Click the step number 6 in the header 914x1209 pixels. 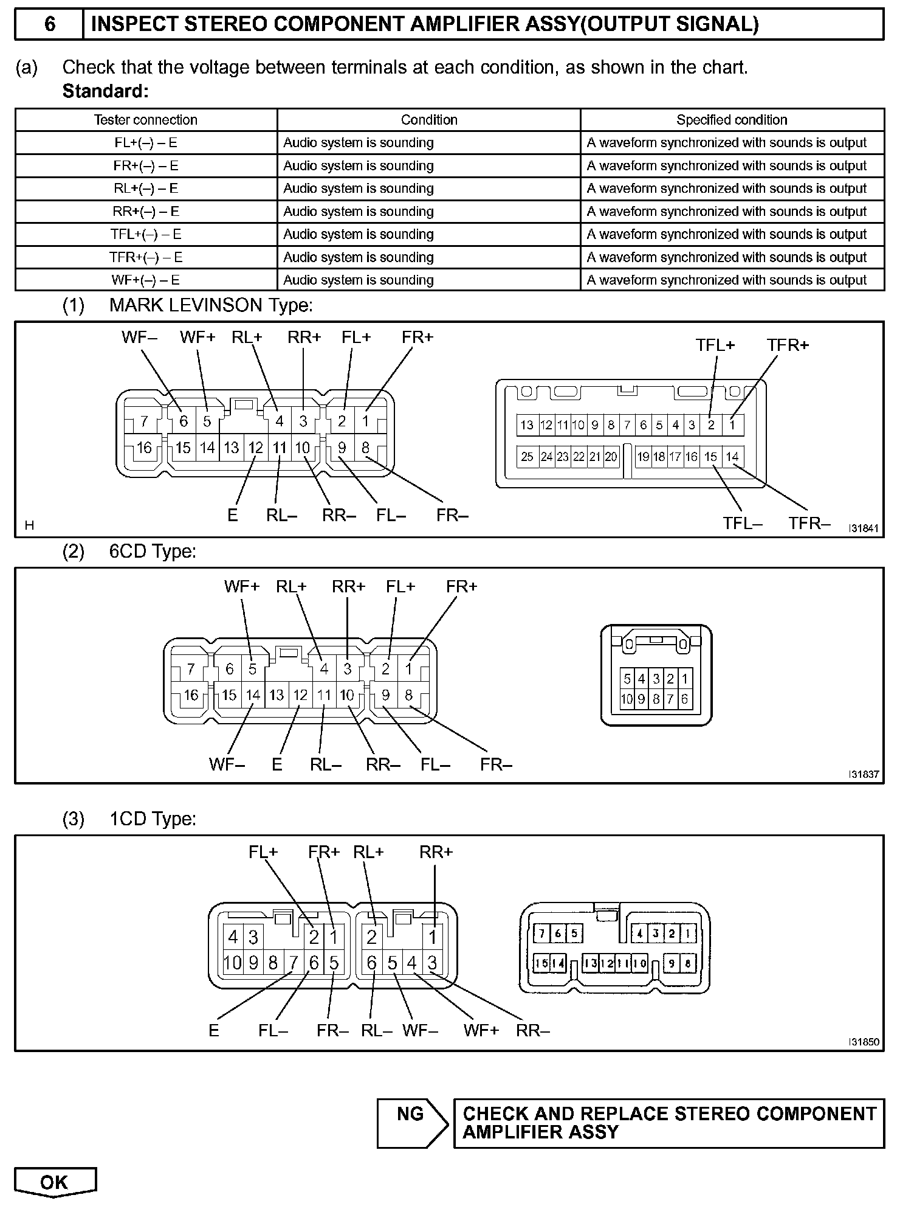(x=49, y=24)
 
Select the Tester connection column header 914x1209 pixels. (x=146, y=120)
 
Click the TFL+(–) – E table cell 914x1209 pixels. (x=146, y=234)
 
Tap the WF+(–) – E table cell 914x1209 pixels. (x=146, y=280)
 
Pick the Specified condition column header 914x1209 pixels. (x=732, y=120)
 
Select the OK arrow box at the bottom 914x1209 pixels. (x=55, y=1182)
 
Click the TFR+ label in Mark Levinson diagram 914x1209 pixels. (x=788, y=345)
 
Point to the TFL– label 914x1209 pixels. (x=742, y=524)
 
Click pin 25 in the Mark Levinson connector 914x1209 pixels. (x=527, y=457)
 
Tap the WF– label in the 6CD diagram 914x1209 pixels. (x=227, y=764)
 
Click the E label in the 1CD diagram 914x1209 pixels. (x=213, y=1030)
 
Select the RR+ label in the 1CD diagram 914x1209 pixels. (x=436, y=852)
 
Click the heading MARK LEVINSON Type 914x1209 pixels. (x=211, y=305)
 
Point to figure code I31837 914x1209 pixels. (x=864, y=775)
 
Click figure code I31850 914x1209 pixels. (x=864, y=1042)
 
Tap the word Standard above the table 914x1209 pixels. (x=105, y=91)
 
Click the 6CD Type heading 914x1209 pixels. (x=153, y=552)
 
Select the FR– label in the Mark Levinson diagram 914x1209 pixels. (x=452, y=516)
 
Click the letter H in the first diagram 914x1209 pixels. (x=29, y=525)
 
